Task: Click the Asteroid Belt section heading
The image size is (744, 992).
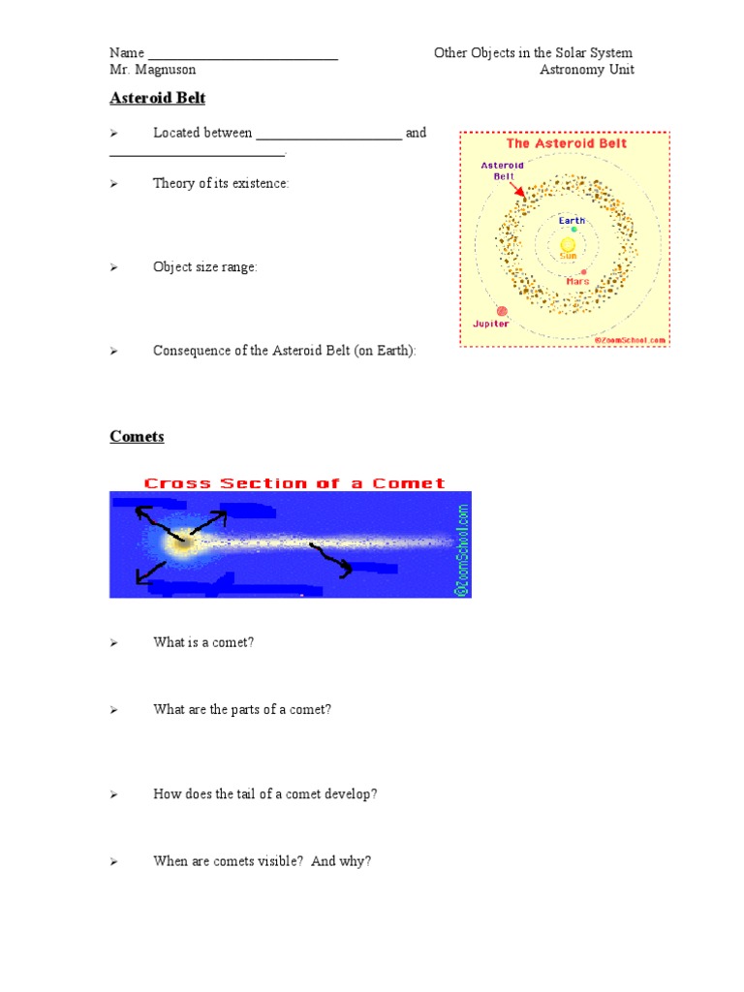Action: coord(157,99)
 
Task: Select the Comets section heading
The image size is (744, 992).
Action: coord(137,437)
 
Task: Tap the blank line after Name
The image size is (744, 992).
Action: coord(242,54)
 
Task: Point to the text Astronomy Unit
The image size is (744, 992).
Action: coord(587,71)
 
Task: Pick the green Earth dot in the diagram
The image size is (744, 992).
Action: coord(573,230)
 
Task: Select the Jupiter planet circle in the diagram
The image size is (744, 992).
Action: coord(502,311)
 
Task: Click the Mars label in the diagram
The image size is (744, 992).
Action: coord(577,282)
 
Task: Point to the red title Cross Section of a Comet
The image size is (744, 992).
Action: coord(294,482)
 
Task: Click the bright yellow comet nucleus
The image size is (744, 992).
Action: coord(181,545)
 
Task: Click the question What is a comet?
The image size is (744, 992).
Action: coord(203,643)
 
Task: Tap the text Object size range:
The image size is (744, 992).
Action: coord(205,267)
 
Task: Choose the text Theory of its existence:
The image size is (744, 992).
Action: coord(221,184)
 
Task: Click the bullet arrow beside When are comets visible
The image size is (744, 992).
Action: coord(113,861)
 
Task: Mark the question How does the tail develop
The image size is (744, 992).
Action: coord(264,794)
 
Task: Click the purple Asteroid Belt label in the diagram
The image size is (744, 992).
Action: coord(503,171)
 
